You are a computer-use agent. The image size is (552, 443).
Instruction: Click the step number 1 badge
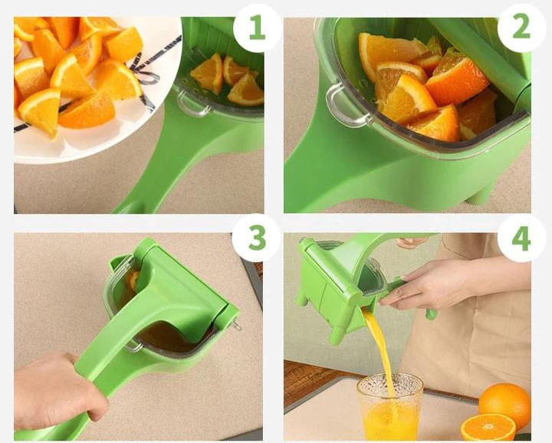pos(257,28)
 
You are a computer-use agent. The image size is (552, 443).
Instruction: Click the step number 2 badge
pos(521,28)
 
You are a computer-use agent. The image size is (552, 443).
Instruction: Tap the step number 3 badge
pos(257,238)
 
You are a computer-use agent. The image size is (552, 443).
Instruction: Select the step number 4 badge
pos(521,238)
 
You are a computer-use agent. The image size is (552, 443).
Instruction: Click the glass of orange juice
pos(389,406)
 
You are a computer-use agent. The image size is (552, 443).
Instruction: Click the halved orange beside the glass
pos(488,428)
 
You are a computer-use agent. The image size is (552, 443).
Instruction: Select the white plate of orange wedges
pos(92,84)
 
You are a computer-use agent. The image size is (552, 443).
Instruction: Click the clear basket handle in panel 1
pos(192,103)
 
